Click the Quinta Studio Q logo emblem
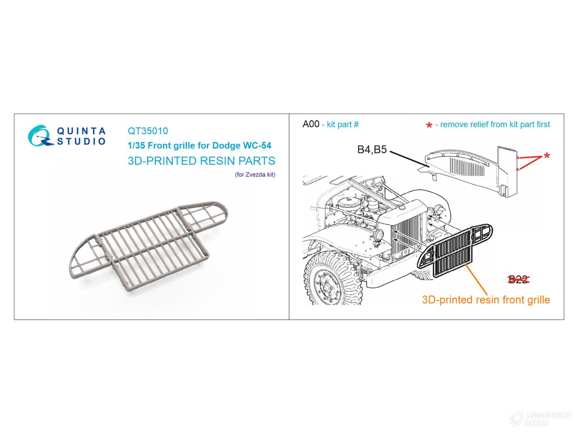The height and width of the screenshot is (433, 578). tap(40, 136)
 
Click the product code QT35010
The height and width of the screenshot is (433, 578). tap(148, 131)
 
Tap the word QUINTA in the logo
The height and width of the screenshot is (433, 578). tap(81, 131)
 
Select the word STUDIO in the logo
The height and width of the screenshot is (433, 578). tap(81, 141)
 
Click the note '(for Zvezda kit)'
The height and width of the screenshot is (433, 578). tap(255, 174)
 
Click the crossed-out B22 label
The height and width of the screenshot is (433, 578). tap(518, 280)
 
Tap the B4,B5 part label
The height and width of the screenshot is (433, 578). tap(372, 150)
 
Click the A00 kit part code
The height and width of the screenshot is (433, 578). tap(311, 124)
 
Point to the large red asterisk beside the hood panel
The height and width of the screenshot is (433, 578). tap(547, 156)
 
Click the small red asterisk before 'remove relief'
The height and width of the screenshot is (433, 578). tap(429, 125)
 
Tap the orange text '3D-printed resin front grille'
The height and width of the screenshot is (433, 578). tap(486, 300)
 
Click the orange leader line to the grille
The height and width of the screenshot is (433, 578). tap(477, 280)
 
